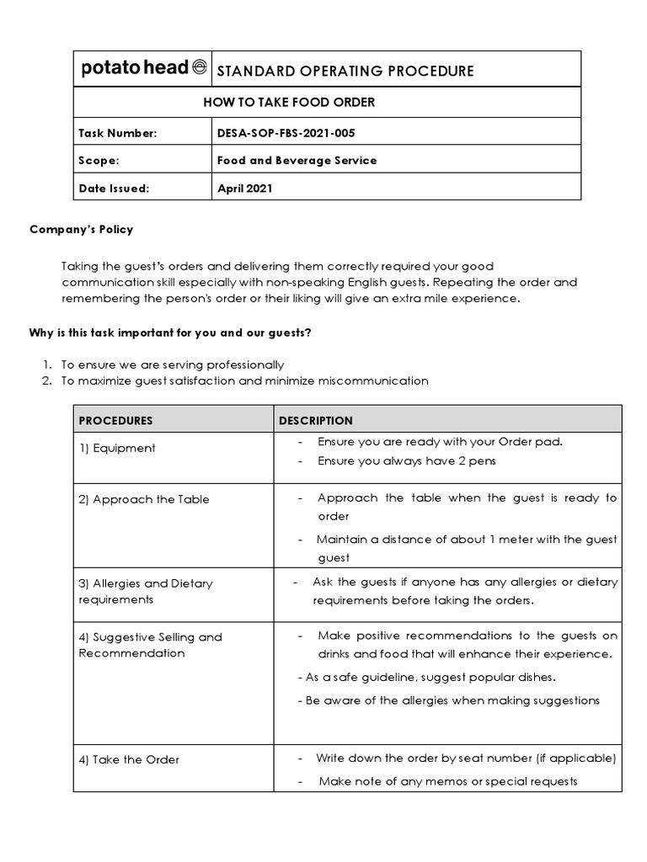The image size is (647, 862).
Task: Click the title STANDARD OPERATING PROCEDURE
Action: pos(345,71)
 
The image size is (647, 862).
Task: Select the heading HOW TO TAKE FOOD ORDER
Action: pos(289,103)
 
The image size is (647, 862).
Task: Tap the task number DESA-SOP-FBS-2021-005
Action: pos(281,132)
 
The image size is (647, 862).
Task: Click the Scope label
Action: pos(99,160)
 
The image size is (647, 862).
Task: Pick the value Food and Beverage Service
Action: pos(297,160)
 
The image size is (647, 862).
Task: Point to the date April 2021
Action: pos(244,189)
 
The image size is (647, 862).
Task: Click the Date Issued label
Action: pos(114,189)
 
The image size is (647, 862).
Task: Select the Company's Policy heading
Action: pos(82,229)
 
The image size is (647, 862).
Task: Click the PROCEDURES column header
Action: pos(115,420)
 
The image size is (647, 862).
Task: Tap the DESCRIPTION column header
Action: pos(316,420)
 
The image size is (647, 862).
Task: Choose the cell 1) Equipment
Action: pos(117,448)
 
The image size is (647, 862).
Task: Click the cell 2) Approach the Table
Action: pos(143,499)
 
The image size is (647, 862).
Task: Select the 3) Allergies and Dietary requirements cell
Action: pos(145,591)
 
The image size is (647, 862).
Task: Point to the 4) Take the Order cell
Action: pos(129,759)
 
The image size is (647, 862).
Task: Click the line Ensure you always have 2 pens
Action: pos(406,460)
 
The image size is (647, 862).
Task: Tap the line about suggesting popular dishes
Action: pos(427,678)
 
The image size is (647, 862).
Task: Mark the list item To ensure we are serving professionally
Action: pos(173,364)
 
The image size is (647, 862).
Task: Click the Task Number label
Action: pos(117,132)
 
